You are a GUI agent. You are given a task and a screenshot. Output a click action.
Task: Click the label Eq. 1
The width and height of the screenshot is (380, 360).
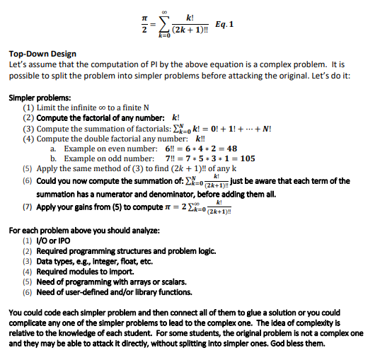224,24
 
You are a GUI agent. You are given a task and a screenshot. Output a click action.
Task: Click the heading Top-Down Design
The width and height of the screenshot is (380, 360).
42,54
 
